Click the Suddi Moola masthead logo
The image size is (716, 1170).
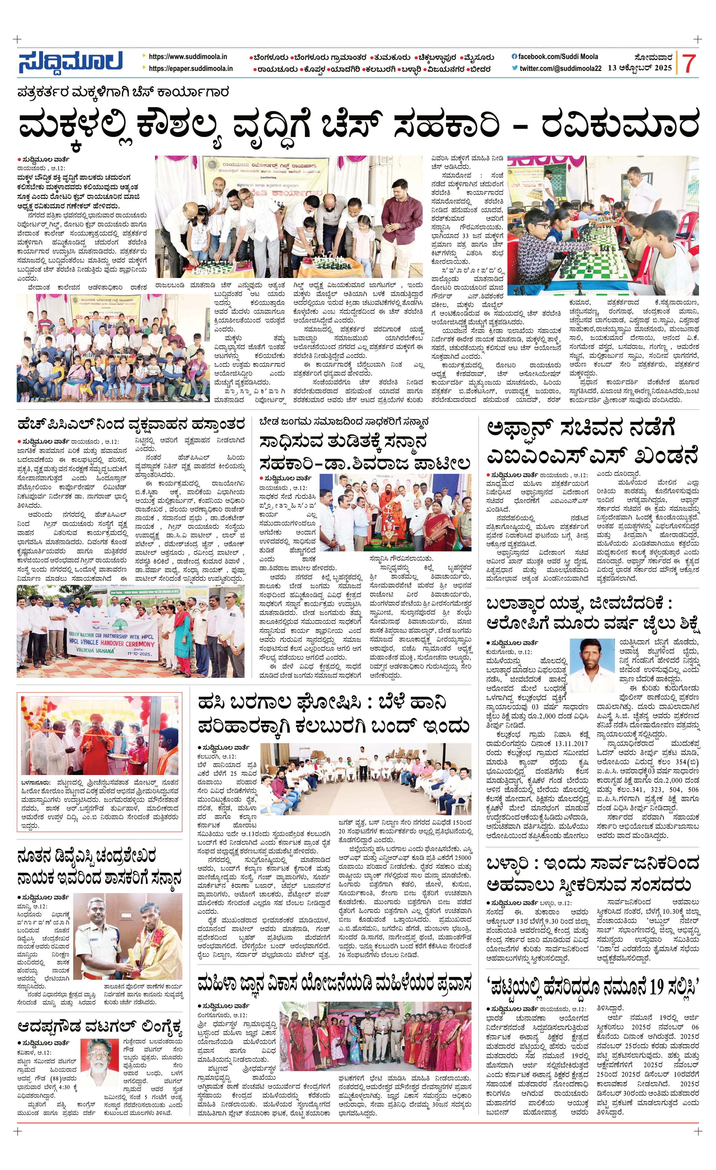tap(70, 62)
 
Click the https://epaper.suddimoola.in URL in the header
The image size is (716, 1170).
tap(190, 68)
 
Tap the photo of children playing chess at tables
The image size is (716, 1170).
tap(603, 226)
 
